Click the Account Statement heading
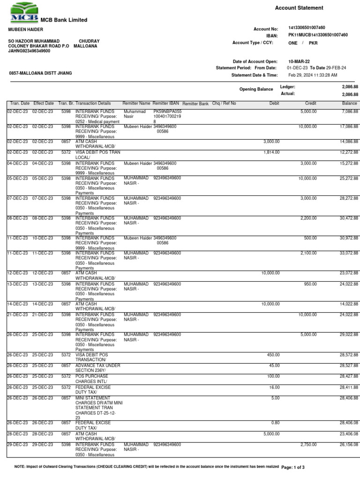click(299, 8)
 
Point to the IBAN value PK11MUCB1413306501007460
click(318, 35)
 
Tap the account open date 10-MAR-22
click(299, 61)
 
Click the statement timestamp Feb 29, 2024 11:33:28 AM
click(313, 75)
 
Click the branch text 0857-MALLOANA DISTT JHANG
click(38, 74)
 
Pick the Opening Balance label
click(255, 89)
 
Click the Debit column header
click(274, 103)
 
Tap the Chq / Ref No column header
click(224, 103)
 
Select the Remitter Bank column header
click(195, 103)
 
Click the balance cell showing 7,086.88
click(349, 112)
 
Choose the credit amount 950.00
click(310, 284)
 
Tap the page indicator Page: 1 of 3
click(293, 468)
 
